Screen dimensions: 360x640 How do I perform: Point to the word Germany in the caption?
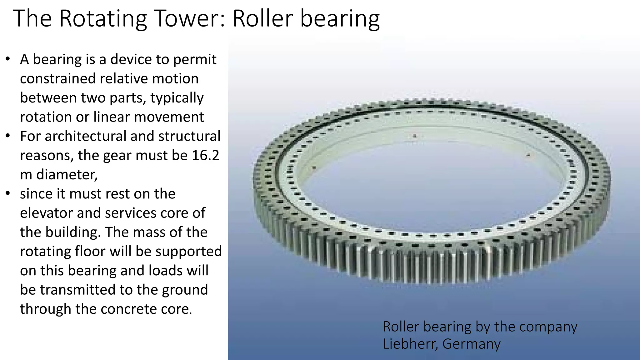tap(472, 344)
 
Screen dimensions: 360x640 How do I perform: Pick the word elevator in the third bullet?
tap(46, 213)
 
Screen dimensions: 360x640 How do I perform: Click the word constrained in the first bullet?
tap(57, 78)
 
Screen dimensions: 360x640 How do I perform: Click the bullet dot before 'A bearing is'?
tap(8, 59)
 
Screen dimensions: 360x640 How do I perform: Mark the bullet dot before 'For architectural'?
tap(8, 136)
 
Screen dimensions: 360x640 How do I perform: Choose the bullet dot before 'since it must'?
tap(8, 194)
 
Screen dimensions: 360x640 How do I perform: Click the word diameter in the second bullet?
tap(67, 174)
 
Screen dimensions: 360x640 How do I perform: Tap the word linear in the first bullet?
tap(112, 117)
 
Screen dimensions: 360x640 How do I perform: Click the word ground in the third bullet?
tap(185, 290)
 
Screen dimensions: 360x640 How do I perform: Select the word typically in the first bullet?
tap(177, 98)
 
